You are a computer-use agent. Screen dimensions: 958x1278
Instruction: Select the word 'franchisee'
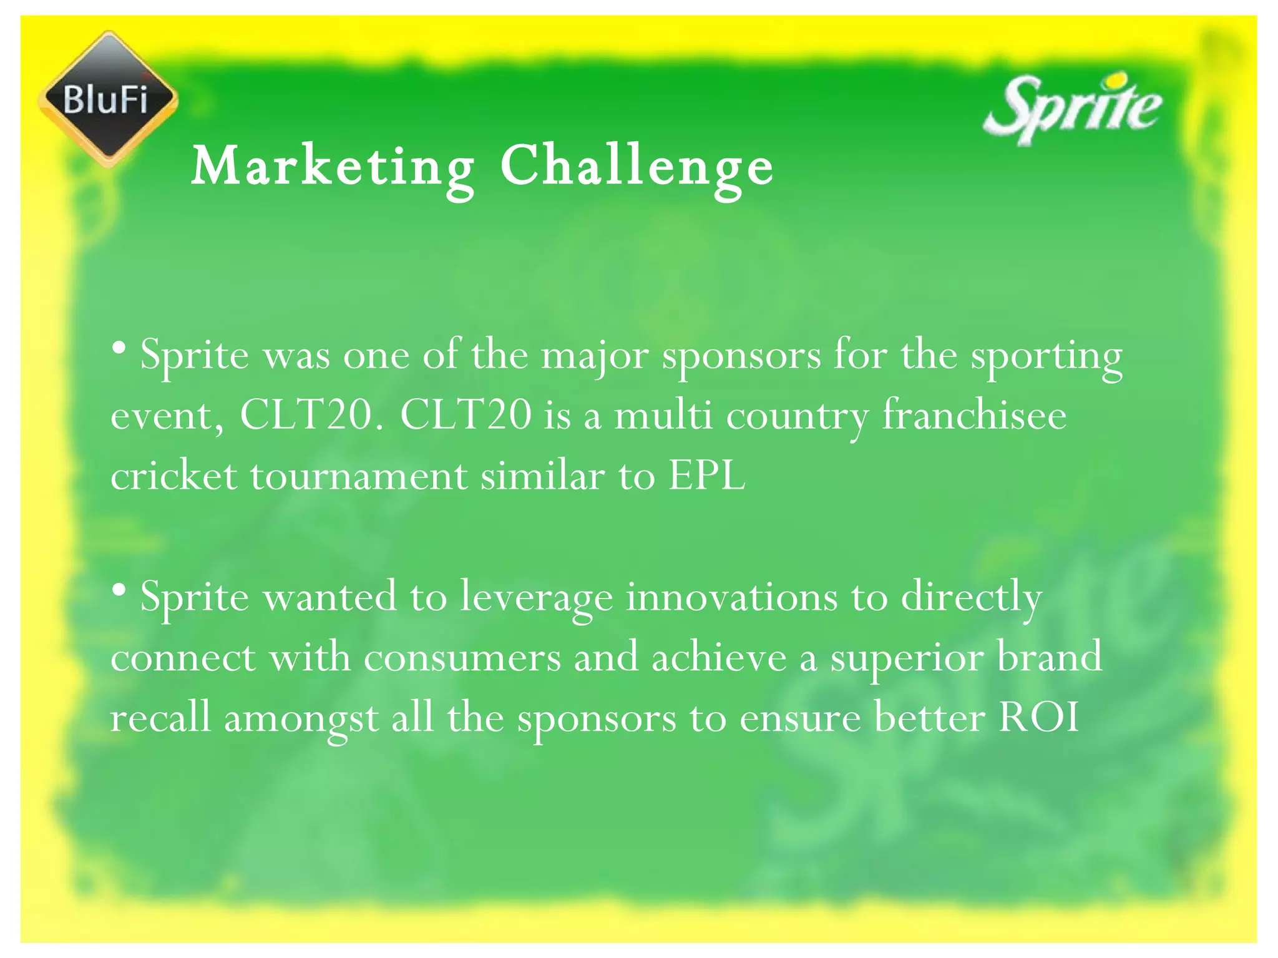coord(974,416)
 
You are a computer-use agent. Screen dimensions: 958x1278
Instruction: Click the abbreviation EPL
coord(706,476)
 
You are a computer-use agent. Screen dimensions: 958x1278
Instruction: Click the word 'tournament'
coord(359,476)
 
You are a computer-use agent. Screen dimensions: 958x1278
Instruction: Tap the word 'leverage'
coord(537,598)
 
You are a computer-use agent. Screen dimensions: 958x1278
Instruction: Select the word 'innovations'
coord(731,597)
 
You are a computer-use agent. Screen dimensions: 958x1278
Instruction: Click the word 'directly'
coord(971,598)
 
